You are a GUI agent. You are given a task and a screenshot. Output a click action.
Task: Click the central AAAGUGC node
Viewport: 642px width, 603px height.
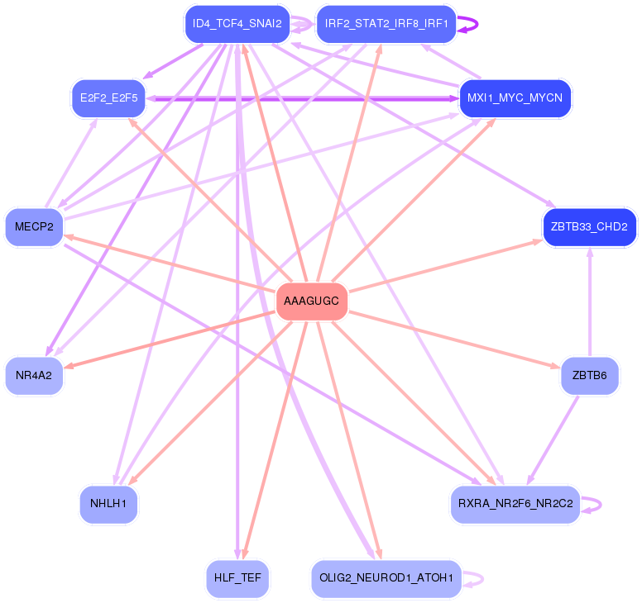click(311, 301)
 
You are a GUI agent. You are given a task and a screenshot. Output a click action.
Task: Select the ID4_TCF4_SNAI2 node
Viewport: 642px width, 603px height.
click(237, 24)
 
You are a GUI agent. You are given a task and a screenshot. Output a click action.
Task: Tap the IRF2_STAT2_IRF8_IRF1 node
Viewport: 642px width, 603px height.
click(386, 24)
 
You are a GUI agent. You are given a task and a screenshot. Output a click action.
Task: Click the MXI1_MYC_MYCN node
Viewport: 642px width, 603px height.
click(515, 98)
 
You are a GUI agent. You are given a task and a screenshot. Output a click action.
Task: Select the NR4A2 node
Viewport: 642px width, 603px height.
click(34, 376)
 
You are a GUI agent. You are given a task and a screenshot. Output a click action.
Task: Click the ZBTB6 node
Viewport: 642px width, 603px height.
click(589, 376)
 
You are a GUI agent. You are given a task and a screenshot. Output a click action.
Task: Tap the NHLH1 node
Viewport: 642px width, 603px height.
click(108, 504)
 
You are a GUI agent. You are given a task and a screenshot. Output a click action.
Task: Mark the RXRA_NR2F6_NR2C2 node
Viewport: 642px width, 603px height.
click(515, 504)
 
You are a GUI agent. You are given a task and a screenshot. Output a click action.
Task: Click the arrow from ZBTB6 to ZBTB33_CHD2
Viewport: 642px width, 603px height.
click(589, 301)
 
